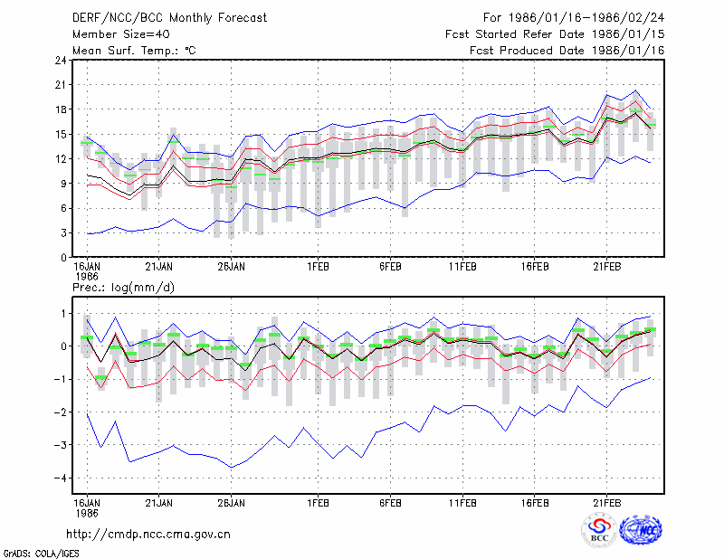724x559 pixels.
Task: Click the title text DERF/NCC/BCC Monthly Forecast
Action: (169, 18)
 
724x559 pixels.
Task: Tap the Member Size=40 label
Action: (121, 34)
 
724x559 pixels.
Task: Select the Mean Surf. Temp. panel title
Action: (134, 51)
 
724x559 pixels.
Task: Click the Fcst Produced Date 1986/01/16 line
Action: (567, 51)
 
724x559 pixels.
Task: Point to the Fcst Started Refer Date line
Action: (555, 34)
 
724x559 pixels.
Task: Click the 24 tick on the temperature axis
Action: (62, 61)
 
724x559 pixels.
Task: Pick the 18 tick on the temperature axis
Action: (62, 109)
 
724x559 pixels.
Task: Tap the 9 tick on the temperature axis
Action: (64, 184)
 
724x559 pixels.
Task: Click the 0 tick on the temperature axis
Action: (64, 258)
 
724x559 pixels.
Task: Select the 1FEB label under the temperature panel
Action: (319, 267)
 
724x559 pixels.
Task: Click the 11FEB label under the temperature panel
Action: (462, 267)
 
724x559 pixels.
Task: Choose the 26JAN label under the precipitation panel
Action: (232, 503)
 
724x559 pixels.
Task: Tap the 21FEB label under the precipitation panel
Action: (606, 503)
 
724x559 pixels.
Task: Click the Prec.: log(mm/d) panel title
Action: (124, 288)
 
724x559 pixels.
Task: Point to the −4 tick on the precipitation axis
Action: (61, 478)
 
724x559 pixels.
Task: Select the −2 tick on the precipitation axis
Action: (61, 412)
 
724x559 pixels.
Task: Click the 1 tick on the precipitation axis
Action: (64, 314)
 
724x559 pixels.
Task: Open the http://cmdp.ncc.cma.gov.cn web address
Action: (148, 535)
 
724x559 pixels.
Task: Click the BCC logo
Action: (599, 530)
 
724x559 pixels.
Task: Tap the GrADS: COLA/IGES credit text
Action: (42, 554)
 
